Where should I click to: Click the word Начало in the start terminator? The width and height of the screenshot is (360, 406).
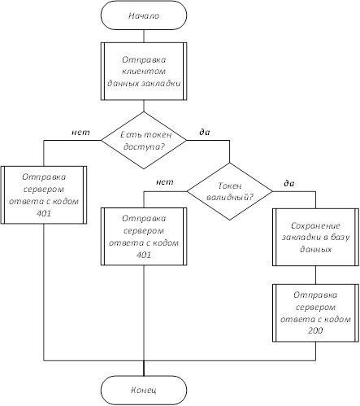pos(144,15)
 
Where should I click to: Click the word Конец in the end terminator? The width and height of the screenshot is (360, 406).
pos(144,390)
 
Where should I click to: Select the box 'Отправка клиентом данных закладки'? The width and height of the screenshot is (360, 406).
pos(144,72)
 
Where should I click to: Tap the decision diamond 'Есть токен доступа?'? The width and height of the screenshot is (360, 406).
pos(144,140)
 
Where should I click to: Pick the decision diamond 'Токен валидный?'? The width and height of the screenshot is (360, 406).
pos(230,191)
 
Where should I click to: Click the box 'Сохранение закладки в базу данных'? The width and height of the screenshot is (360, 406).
pos(315,237)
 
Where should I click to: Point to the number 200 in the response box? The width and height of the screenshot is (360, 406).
pos(315,330)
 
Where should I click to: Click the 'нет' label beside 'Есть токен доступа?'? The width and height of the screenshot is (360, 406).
pos(80,133)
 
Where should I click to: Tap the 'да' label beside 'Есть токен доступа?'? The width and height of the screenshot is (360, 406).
pos(205,132)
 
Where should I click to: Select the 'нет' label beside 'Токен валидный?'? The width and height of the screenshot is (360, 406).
pos(165,181)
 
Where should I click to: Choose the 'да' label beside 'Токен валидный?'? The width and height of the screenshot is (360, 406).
pos(289,183)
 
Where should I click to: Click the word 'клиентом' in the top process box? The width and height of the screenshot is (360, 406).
pos(144,72)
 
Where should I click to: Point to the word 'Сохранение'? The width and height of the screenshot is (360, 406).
pos(315,225)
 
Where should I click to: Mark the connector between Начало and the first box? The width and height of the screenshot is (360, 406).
pos(144,36)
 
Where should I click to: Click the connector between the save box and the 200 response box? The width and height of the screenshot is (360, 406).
pos(315,275)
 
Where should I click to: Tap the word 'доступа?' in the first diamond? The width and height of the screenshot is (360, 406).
pos(145,146)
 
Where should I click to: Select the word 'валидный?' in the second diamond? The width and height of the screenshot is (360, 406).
pos(230,197)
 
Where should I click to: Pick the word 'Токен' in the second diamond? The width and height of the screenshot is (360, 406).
pos(230,186)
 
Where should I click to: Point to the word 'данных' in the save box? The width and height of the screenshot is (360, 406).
pos(315,249)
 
